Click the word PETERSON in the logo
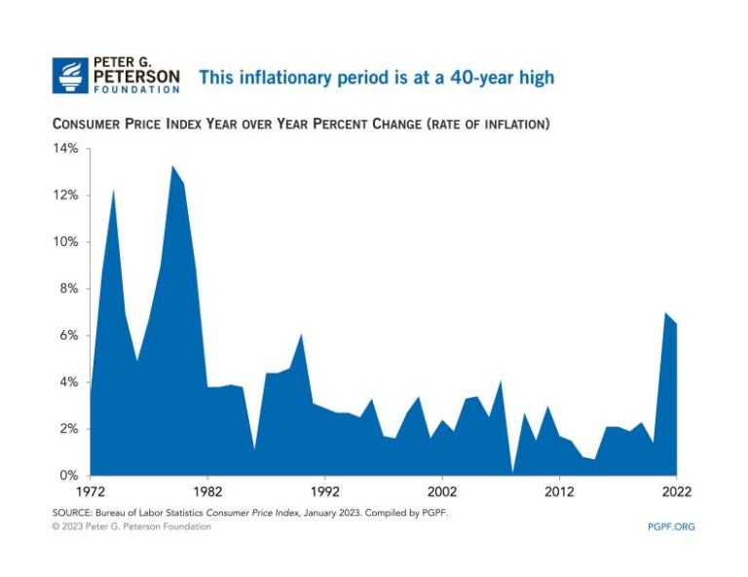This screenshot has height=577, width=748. pos(136,75)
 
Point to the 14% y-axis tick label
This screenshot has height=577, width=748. pos(65,149)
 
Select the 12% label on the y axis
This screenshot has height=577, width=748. pos(65,196)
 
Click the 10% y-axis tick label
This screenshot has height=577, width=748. pos(65,242)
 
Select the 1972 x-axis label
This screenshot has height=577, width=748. pos(91,492)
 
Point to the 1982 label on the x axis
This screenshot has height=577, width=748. pos(207,492)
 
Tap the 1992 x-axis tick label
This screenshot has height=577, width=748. pos(324,492)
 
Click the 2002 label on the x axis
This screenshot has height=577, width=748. pos(441,492)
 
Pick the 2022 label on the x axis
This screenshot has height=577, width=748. pos(676,492)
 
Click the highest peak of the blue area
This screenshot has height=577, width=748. pos(172,166)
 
